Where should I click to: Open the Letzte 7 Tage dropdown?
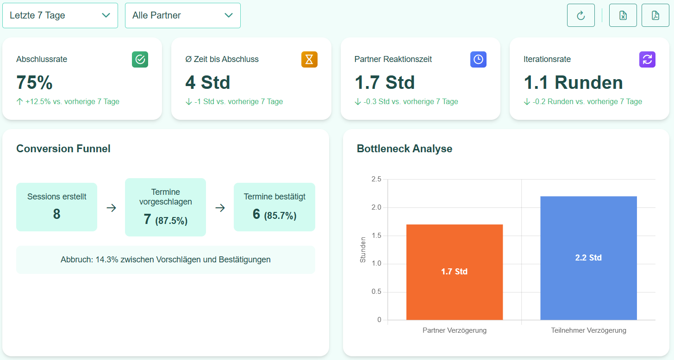(60, 15)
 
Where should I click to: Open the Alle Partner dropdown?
(182, 15)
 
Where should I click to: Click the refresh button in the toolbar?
(580, 15)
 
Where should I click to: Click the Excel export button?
(623, 15)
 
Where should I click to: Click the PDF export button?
(655, 15)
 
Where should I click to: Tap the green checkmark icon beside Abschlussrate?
(140, 59)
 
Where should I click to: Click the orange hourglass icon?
(309, 59)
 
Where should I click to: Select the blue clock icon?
(478, 59)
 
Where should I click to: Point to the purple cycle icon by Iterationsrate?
(647, 59)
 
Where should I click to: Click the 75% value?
(34, 82)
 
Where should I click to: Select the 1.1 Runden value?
(573, 82)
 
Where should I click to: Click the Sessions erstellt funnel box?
(56, 207)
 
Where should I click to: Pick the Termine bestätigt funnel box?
(274, 207)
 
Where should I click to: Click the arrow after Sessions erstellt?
(111, 208)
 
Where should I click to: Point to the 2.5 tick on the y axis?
(376, 179)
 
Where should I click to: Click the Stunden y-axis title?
(363, 249)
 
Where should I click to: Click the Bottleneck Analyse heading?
(404, 149)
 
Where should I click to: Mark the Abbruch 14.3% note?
(165, 260)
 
